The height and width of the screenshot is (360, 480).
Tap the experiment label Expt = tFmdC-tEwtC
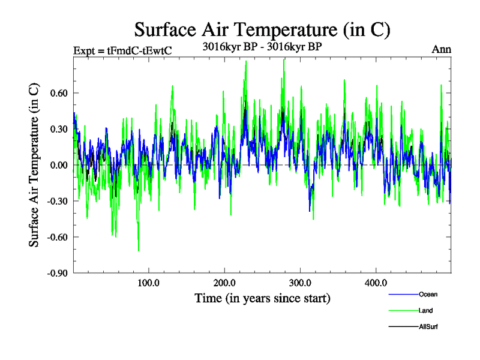click(122, 50)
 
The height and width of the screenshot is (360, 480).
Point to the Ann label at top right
click(442, 49)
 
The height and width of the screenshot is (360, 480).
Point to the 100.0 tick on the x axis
click(148, 283)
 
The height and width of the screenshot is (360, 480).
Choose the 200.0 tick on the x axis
click(224, 283)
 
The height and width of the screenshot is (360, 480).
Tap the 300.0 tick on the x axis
click(299, 283)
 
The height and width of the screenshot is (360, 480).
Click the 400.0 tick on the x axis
click(375, 283)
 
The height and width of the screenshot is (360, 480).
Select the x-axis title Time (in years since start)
click(262, 298)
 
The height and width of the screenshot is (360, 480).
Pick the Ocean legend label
click(428, 294)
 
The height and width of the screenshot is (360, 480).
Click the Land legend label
click(426, 310)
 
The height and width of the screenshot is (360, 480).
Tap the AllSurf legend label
click(428, 326)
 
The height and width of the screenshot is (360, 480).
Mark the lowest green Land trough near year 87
click(139, 250)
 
